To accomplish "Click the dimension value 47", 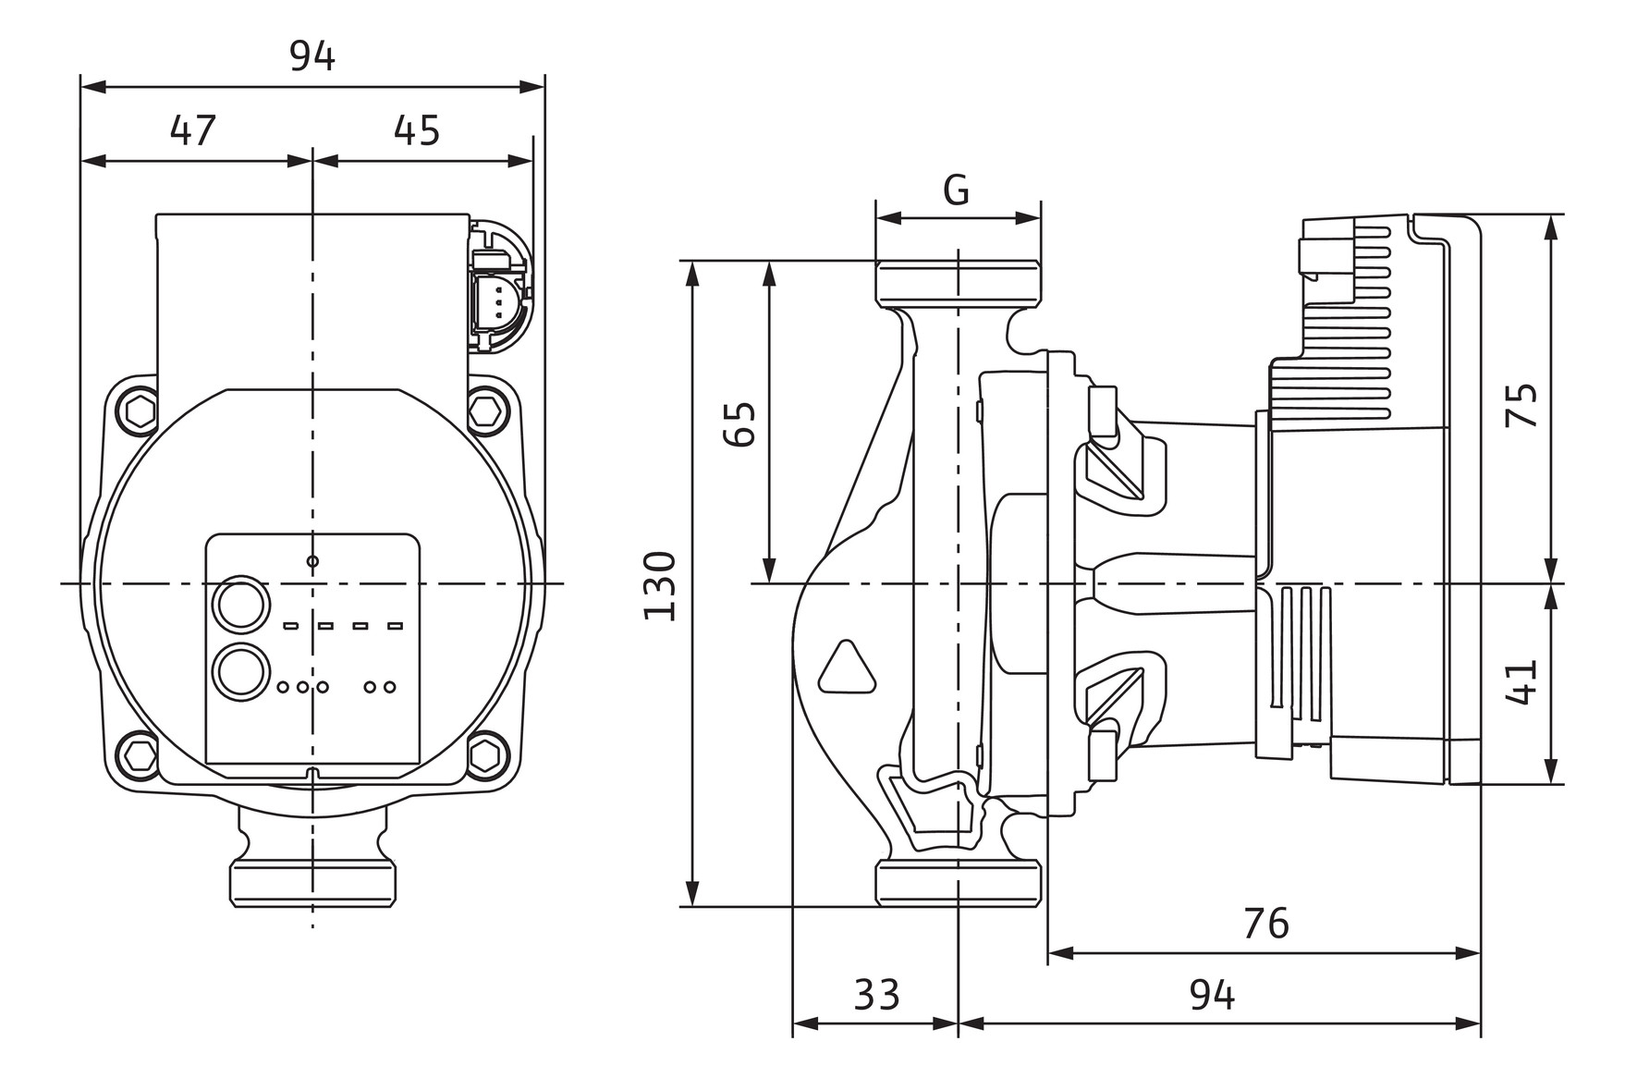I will (193, 131).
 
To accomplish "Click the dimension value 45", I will (417, 131).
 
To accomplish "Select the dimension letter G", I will (957, 190).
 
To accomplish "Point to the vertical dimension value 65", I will (739, 423).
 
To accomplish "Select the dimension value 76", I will (1265, 924).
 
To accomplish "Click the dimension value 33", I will (876, 996).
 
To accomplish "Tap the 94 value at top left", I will (312, 57).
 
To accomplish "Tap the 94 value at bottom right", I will (1212, 996).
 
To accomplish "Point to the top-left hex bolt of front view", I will (141, 409).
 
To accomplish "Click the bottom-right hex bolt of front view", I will (487, 754).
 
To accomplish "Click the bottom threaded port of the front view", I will (312, 883).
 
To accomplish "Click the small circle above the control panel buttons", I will (312, 561).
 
